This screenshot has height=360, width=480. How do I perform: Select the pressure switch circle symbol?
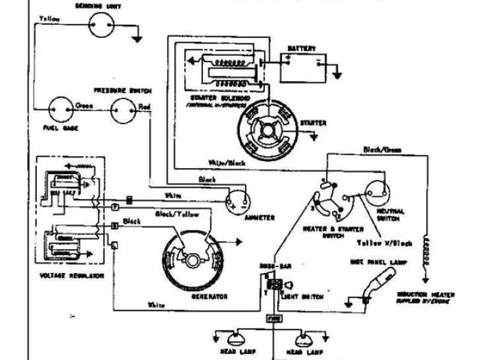click(124, 112)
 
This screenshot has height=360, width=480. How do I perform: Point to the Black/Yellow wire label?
click(173, 214)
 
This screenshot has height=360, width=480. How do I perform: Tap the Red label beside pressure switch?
click(145, 107)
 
